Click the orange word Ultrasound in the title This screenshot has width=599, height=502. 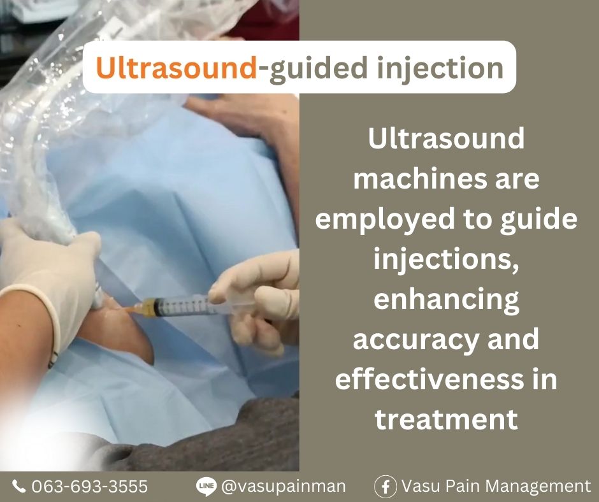177,68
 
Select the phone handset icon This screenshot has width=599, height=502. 18,486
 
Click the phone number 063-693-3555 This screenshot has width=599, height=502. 89,486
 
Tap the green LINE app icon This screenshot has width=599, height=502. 206,486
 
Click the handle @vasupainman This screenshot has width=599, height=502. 283,487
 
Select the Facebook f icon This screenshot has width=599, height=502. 386,486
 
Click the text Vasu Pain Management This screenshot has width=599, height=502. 496,486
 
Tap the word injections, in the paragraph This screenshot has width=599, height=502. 446,260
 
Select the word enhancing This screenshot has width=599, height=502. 446,300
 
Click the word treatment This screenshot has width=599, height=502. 446,419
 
